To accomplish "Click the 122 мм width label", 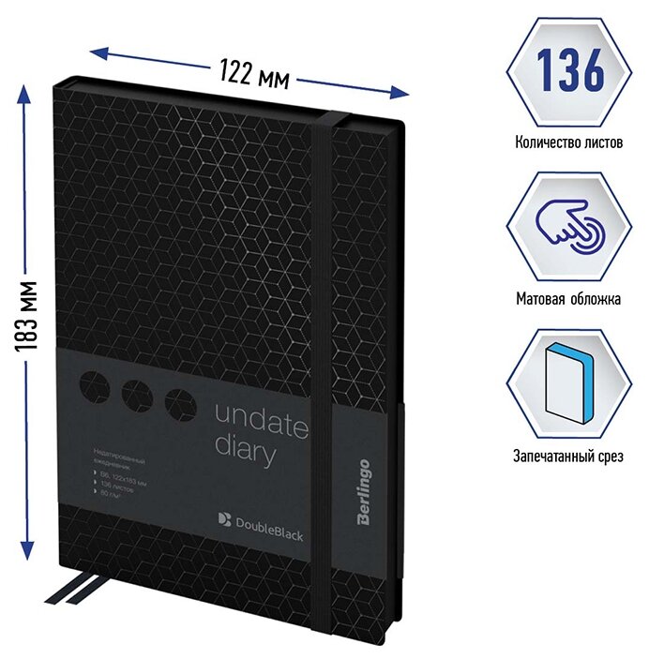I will (x=254, y=71).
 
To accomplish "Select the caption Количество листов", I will (x=569, y=143).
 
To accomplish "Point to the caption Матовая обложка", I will (x=569, y=299).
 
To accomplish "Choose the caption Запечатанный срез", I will (x=569, y=457).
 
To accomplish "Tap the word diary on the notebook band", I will (x=246, y=455).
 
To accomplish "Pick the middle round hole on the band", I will (x=138, y=397).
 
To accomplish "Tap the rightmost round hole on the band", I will (x=178, y=405).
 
